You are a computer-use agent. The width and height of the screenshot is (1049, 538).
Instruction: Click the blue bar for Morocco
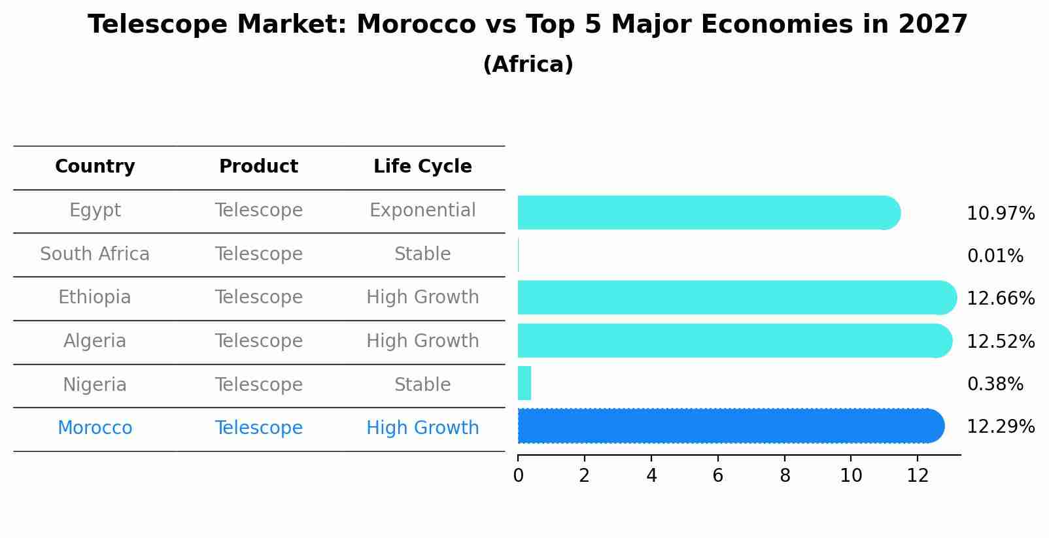(729, 426)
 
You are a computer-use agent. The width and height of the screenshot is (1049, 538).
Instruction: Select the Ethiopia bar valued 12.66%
(736, 298)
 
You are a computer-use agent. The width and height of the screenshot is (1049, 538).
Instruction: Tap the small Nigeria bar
(524, 384)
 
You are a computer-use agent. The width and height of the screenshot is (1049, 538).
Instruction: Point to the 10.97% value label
(1000, 214)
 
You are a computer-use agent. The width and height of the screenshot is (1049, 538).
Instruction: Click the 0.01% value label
(995, 256)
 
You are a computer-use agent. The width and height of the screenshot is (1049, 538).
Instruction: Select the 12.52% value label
(1000, 342)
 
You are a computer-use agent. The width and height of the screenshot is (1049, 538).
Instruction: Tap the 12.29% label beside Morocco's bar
(1000, 427)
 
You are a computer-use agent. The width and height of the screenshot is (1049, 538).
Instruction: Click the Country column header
(95, 167)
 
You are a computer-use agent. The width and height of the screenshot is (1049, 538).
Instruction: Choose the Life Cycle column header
(422, 167)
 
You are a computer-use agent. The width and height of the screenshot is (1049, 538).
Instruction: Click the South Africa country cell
(95, 254)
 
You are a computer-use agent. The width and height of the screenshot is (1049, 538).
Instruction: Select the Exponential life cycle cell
(422, 210)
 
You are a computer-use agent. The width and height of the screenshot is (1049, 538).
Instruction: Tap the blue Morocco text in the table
(95, 428)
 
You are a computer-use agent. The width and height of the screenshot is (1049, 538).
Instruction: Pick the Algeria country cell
(95, 341)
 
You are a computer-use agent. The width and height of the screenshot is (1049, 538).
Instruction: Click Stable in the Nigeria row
(422, 385)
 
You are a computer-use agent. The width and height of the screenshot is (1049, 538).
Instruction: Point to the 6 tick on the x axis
(717, 476)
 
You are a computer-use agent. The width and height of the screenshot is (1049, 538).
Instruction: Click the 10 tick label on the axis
(851, 476)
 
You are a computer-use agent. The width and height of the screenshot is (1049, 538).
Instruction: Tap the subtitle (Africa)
(528, 65)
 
